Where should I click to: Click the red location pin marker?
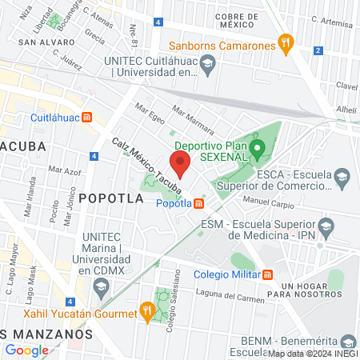point(181,162)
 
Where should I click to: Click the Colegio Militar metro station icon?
point(268,274)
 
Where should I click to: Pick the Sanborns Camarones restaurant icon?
point(284,46)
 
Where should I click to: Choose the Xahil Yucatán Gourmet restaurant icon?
point(146,309)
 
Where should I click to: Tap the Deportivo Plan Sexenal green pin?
point(257,148)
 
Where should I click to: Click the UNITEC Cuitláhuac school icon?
point(208,66)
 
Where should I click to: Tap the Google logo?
point(26,350)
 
